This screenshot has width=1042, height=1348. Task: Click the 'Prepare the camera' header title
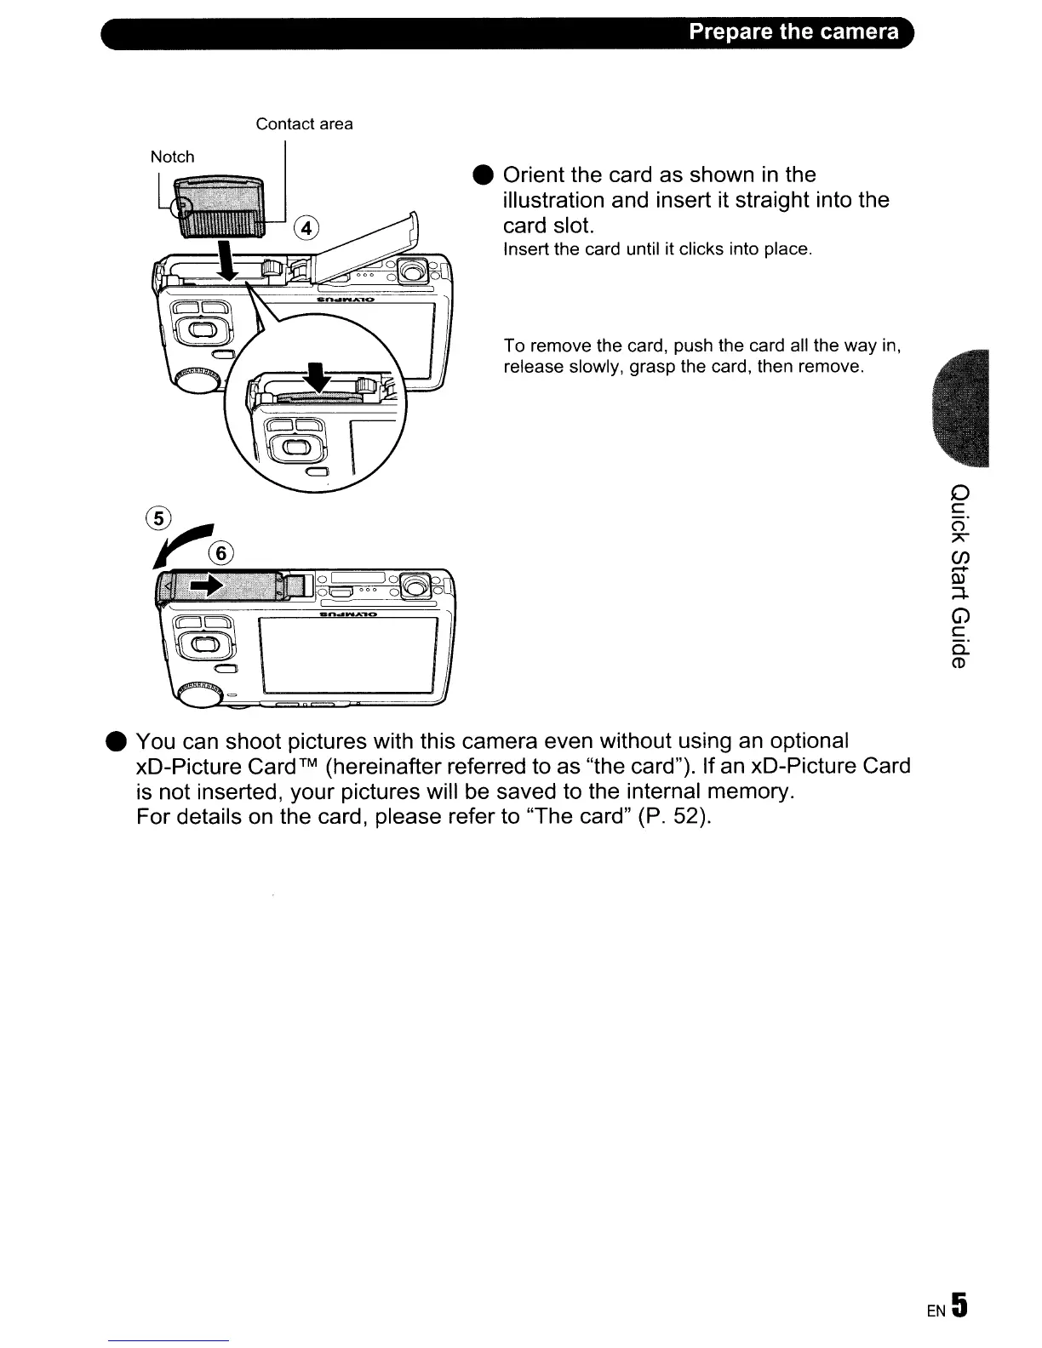coord(793,32)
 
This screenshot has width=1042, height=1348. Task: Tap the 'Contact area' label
coord(304,124)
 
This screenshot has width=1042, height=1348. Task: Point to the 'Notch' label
coord(172,157)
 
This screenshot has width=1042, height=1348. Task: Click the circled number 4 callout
coord(306,228)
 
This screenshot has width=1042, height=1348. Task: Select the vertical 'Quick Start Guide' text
coord(959,576)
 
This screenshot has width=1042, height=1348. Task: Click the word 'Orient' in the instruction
coord(532,175)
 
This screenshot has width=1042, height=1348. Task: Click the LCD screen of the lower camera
coord(348,655)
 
